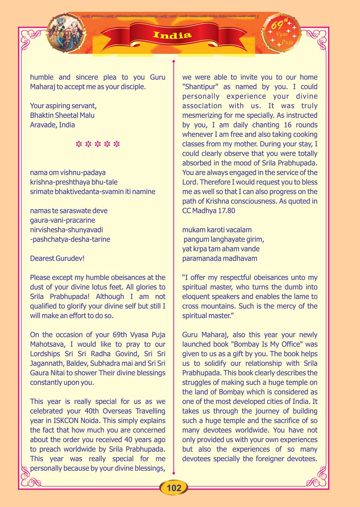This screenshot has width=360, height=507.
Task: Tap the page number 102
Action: (174, 488)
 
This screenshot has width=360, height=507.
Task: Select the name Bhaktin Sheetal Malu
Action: (62, 115)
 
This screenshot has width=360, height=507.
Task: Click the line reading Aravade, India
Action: (52, 125)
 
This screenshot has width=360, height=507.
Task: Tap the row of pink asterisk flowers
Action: (98, 144)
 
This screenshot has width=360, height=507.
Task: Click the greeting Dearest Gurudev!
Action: (57, 258)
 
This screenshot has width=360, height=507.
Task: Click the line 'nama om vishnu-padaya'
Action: (62, 173)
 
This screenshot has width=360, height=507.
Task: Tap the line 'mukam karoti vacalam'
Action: (217, 230)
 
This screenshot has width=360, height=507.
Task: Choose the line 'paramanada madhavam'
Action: (220, 258)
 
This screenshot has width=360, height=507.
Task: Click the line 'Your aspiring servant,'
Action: (63, 106)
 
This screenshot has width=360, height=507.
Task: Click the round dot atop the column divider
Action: (173, 62)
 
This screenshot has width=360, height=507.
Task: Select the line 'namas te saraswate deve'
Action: (69, 211)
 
